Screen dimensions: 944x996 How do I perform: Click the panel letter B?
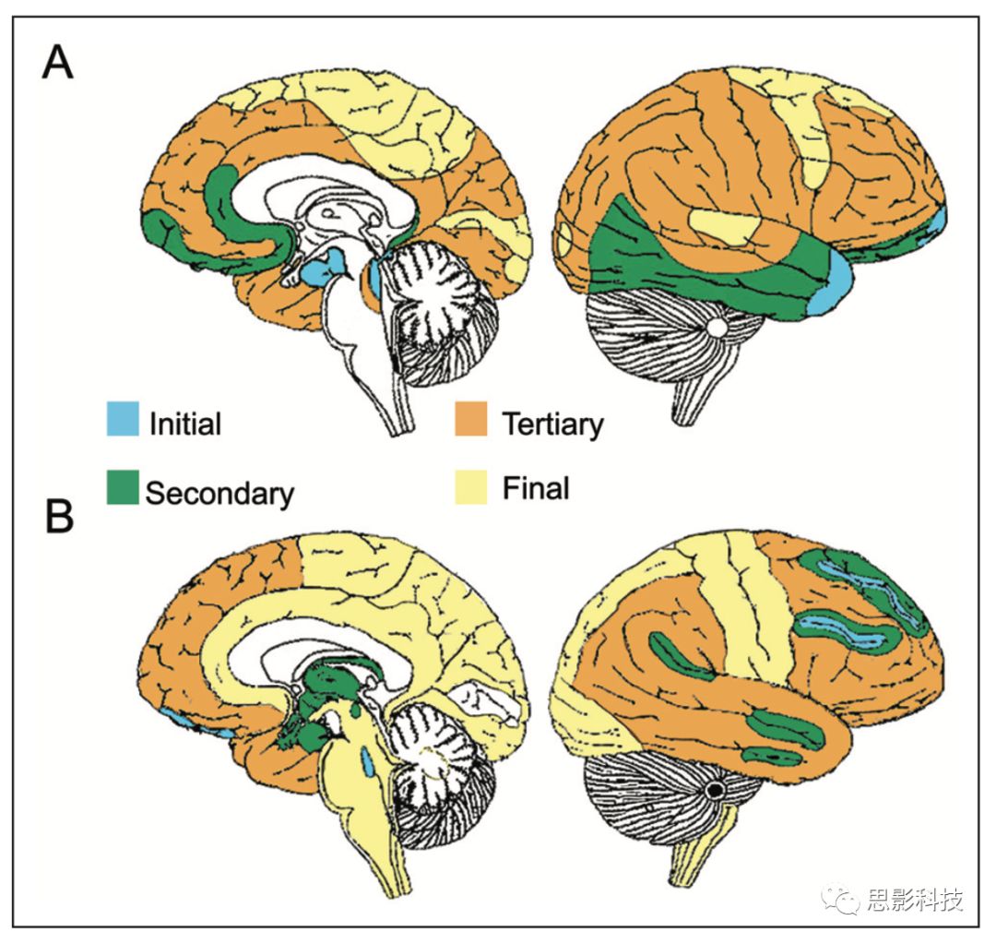coord(60,518)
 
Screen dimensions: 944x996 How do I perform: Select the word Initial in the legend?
coord(184,424)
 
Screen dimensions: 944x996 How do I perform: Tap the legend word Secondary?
coord(219,492)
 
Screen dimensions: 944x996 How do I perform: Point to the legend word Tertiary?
coord(552,424)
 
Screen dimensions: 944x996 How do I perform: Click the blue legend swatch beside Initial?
coord(123,417)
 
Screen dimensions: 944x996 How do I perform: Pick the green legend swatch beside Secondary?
coord(123,486)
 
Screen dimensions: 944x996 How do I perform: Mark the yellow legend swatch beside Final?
coord(473,485)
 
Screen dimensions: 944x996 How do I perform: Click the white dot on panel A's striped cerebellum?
coord(717,327)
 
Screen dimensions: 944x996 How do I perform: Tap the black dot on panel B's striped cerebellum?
coord(714,790)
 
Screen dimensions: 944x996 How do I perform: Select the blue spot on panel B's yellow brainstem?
coord(368,762)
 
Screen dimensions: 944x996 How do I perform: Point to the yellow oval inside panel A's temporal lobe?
coord(724,224)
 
